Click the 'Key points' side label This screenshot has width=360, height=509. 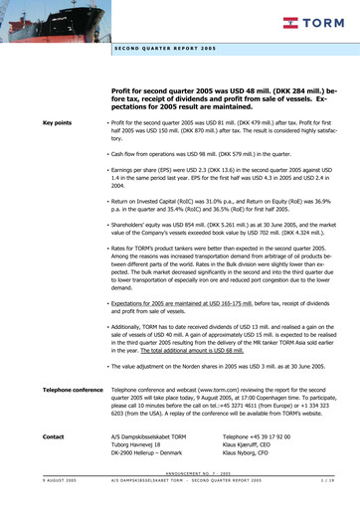tap(57, 122)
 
